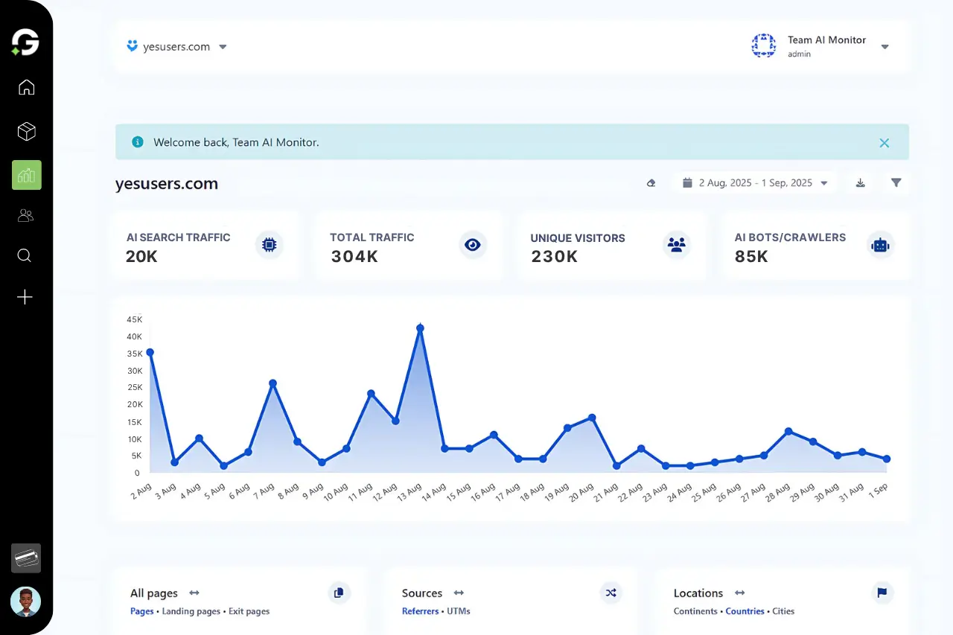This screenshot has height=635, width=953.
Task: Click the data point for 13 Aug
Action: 420,328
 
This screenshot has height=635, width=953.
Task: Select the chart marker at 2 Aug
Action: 150,352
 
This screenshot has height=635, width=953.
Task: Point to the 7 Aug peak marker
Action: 272,383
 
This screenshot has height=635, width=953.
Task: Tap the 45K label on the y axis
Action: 134,319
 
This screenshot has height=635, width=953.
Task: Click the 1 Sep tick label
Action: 879,491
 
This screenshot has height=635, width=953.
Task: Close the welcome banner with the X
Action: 884,143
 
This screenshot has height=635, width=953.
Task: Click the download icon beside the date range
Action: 860,183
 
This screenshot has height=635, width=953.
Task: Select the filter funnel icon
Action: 896,183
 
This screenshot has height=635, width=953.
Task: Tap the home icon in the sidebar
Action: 26,88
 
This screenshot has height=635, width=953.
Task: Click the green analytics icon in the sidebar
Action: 26,175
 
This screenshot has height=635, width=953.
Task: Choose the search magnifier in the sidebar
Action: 25,256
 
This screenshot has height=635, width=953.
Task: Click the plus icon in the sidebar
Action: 25,298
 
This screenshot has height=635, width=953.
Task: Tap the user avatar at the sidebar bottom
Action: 25,602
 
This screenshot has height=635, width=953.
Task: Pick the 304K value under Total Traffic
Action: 354,257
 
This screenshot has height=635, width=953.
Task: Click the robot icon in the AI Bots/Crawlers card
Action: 880,245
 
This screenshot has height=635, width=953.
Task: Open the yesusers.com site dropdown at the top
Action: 177,47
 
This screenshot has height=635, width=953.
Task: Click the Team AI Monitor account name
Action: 826,40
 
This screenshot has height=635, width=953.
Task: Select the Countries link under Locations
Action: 745,611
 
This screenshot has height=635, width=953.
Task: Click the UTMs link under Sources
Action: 459,611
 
